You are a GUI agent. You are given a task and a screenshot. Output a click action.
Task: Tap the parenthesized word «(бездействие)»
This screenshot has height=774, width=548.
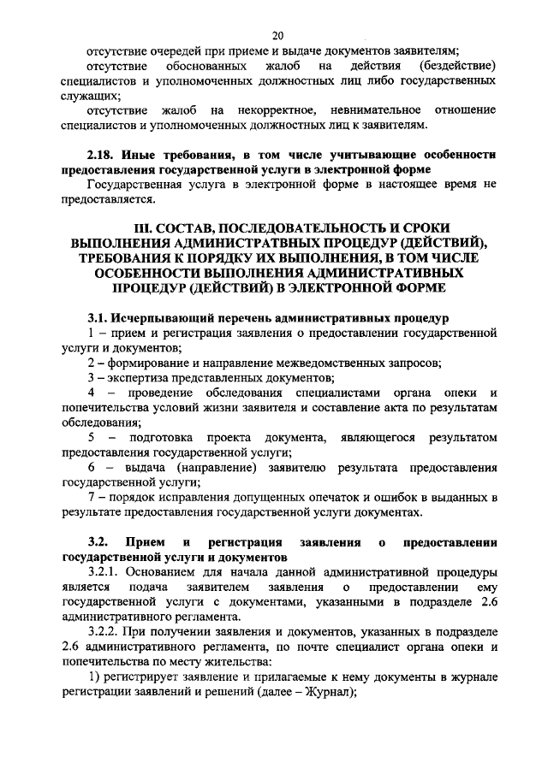[459, 67]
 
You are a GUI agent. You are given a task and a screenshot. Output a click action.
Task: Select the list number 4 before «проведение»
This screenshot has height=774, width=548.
[91, 393]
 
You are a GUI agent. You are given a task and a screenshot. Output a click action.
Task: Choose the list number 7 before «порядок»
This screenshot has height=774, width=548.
[91, 497]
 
